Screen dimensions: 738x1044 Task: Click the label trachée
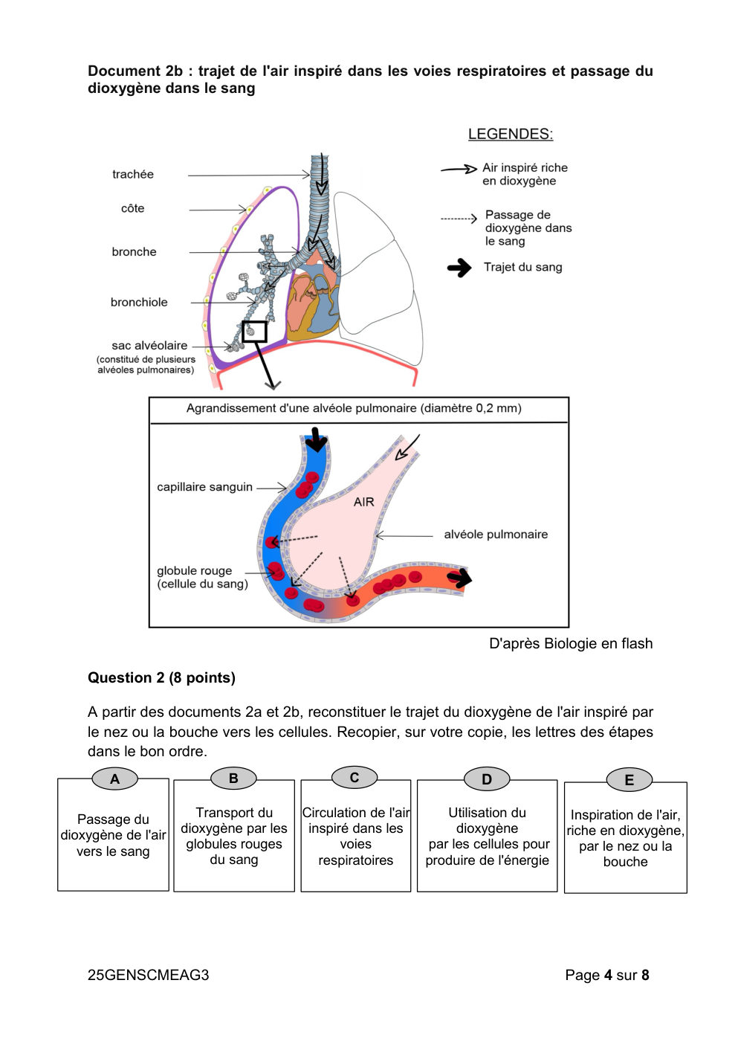pyautogui.click(x=133, y=174)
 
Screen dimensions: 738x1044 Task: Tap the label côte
pyautogui.click(x=133, y=208)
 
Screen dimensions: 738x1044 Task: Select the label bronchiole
pyautogui.click(x=139, y=302)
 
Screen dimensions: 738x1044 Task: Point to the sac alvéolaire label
pyautogui.click(x=149, y=345)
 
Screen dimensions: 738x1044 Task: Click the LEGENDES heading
pyautogui.click(x=510, y=135)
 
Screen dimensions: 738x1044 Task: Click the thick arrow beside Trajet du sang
pyautogui.click(x=459, y=268)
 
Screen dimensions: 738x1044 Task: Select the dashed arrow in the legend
pyautogui.click(x=459, y=218)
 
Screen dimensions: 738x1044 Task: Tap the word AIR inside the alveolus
pyautogui.click(x=364, y=502)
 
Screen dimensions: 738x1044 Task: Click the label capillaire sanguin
pyautogui.click(x=204, y=487)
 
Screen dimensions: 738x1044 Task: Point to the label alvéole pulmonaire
pyautogui.click(x=496, y=534)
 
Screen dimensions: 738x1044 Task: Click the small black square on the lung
pyautogui.click(x=254, y=332)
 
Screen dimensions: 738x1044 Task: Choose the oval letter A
pyautogui.click(x=114, y=779)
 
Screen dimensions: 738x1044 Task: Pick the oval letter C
pyautogui.click(x=355, y=777)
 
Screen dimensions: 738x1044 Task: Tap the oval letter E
pyautogui.click(x=629, y=780)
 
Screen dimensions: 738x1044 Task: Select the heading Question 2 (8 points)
pyautogui.click(x=161, y=677)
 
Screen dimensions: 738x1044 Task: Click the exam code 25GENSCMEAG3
pyautogui.click(x=148, y=975)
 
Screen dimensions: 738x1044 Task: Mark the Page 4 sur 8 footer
pyautogui.click(x=607, y=975)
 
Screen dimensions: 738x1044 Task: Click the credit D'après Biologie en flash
pyautogui.click(x=571, y=644)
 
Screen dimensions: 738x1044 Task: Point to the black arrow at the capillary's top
pyautogui.click(x=317, y=439)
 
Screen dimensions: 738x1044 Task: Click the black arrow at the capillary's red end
pyautogui.click(x=459, y=579)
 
